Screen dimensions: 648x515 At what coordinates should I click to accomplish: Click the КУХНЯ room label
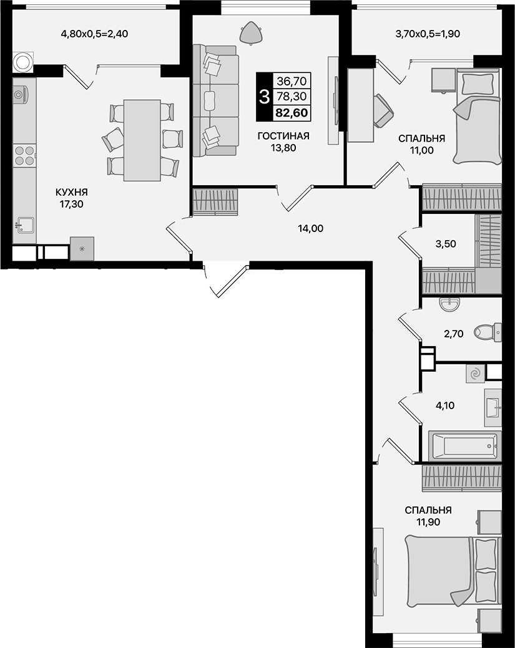pyautogui.click(x=71, y=192)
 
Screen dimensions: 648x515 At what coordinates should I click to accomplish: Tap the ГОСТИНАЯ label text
pyautogui.click(x=283, y=137)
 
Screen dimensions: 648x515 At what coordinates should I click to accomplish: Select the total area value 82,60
pyautogui.click(x=292, y=114)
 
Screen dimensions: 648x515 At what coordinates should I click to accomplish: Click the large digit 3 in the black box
pyautogui.click(x=264, y=97)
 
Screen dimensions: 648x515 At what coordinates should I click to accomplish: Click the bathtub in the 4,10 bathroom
pyautogui.click(x=465, y=446)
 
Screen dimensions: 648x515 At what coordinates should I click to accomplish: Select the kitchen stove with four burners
pyautogui.click(x=24, y=155)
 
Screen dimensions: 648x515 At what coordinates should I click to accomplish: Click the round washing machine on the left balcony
pyautogui.click(x=24, y=62)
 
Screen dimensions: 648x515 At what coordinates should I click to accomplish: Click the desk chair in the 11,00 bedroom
pyautogui.click(x=383, y=109)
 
